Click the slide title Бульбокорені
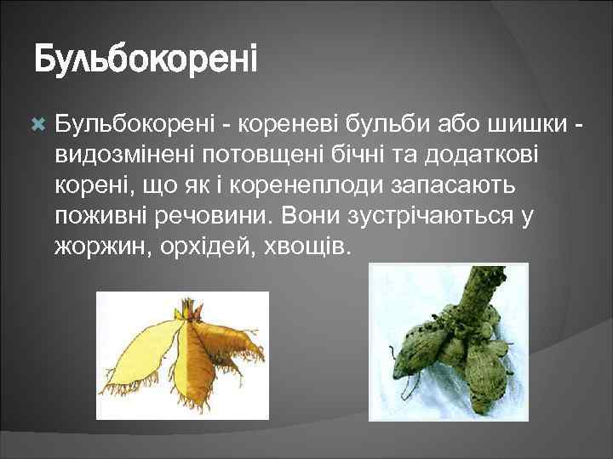coord(145,61)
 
